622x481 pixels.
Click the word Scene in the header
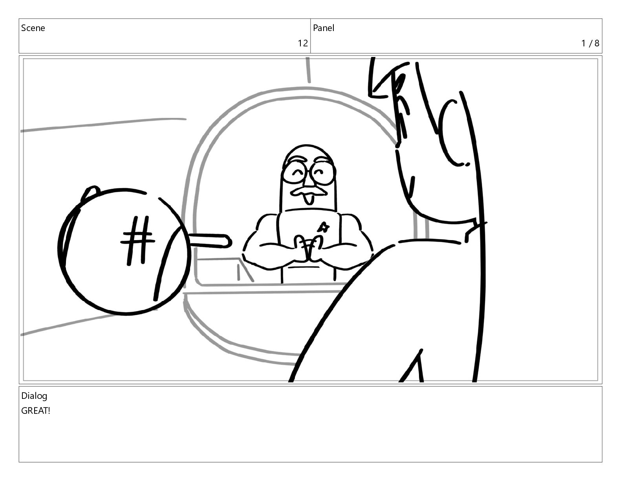(x=33, y=28)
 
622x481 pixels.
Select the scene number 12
(x=302, y=43)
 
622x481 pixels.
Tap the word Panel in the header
(x=324, y=28)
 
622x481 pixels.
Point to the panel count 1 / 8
(x=590, y=43)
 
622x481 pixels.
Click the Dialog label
(x=34, y=396)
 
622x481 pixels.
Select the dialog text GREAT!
(x=35, y=411)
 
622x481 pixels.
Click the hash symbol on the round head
(x=137, y=240)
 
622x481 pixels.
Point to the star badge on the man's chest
(x=324, y=228)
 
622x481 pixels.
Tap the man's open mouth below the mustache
(x=308, y=199)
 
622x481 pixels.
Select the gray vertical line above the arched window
(x=308, y=70)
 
